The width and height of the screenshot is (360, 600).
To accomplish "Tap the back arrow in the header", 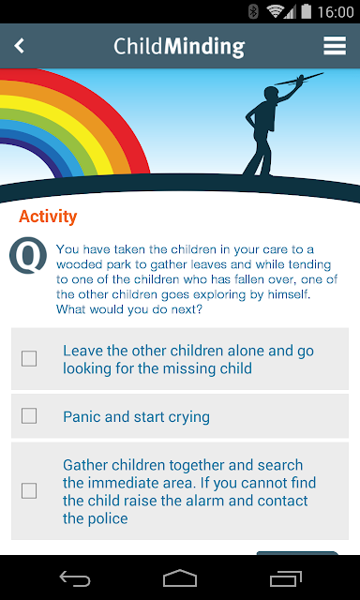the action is [19, 46].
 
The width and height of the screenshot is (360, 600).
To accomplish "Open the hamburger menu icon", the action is [335, 46].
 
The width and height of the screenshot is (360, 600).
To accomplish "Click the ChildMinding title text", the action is [179, 47].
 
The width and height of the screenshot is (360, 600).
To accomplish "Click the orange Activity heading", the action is [48, 217].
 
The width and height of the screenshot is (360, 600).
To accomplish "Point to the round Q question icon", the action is [28, 256].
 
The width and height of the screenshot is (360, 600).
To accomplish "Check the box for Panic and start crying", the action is [29, 416].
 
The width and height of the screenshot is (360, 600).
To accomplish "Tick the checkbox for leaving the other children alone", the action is [29, 359].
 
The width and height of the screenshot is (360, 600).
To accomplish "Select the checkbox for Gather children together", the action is [29, 490].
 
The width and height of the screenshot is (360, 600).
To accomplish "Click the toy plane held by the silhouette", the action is [299, 79].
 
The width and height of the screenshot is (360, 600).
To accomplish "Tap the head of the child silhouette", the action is [271, 95].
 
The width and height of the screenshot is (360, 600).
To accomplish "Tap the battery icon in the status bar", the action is [306, 12].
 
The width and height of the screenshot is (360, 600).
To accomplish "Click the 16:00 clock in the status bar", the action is [336, 12].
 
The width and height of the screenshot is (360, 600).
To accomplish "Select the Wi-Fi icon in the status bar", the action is [275, 12].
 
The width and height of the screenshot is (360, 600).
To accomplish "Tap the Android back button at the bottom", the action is [75, 577].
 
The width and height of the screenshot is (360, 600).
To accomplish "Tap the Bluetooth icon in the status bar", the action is [253, 12].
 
